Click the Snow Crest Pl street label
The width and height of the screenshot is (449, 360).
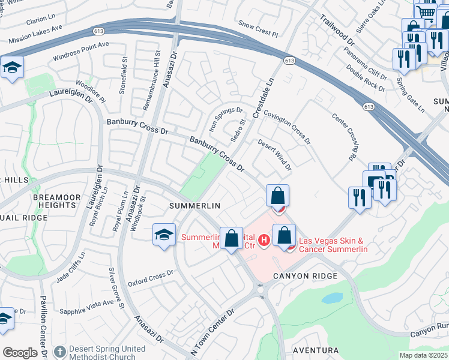click(x=259, y=25)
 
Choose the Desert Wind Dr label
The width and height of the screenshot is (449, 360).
click(x=275, y=155)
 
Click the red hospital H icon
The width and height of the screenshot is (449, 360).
click(x=262, y=242)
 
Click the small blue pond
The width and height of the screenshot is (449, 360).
click(x=331, y=298)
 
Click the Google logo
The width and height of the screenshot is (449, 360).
click(x=19, y=353)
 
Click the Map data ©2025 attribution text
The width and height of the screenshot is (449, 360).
click(x=423, y=355)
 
